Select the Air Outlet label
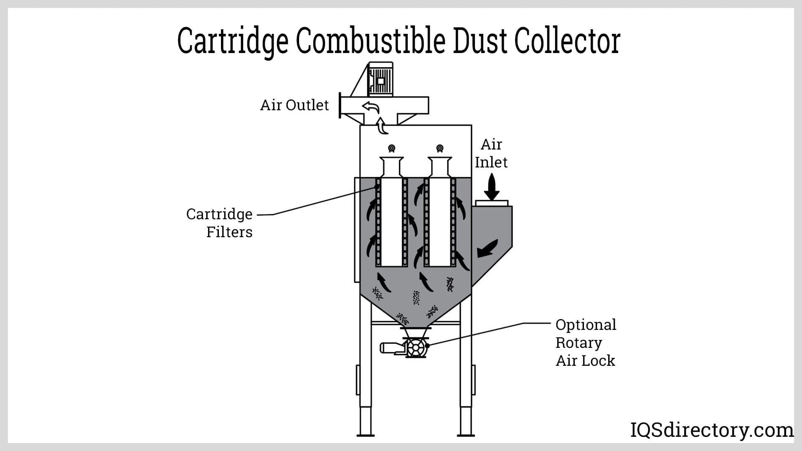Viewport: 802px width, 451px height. (x=294, y=105)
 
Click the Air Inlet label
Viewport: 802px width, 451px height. (x=491, y=153)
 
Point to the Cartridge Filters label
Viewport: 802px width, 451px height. (x=220, y=223)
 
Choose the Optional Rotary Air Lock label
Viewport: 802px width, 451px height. (x=586, y=342)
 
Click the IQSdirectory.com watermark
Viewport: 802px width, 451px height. (x=711, y=430)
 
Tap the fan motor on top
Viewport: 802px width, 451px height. (x=380, y=79)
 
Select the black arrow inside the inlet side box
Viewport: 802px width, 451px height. (x=487, y=248)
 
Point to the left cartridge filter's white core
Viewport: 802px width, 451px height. (x=391, y=221)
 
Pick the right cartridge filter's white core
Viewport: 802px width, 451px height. (x=440, y=221)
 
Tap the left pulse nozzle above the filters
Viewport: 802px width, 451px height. (x=391, y=148)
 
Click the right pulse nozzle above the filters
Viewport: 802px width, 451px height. (x=439, y=148)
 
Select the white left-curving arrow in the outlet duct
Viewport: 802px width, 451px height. (x=371, y=107)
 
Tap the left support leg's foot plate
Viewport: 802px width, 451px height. (x=365, y=435)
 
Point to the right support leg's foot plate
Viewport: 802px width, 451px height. (x=466, y=435)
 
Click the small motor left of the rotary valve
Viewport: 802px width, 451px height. (x=391, y=348)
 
